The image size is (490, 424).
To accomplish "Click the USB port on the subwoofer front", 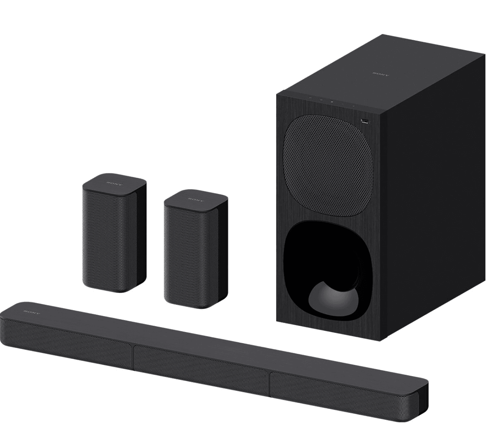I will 364,122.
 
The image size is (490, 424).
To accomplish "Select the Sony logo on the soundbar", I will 31,312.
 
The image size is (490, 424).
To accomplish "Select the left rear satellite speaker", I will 114,234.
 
